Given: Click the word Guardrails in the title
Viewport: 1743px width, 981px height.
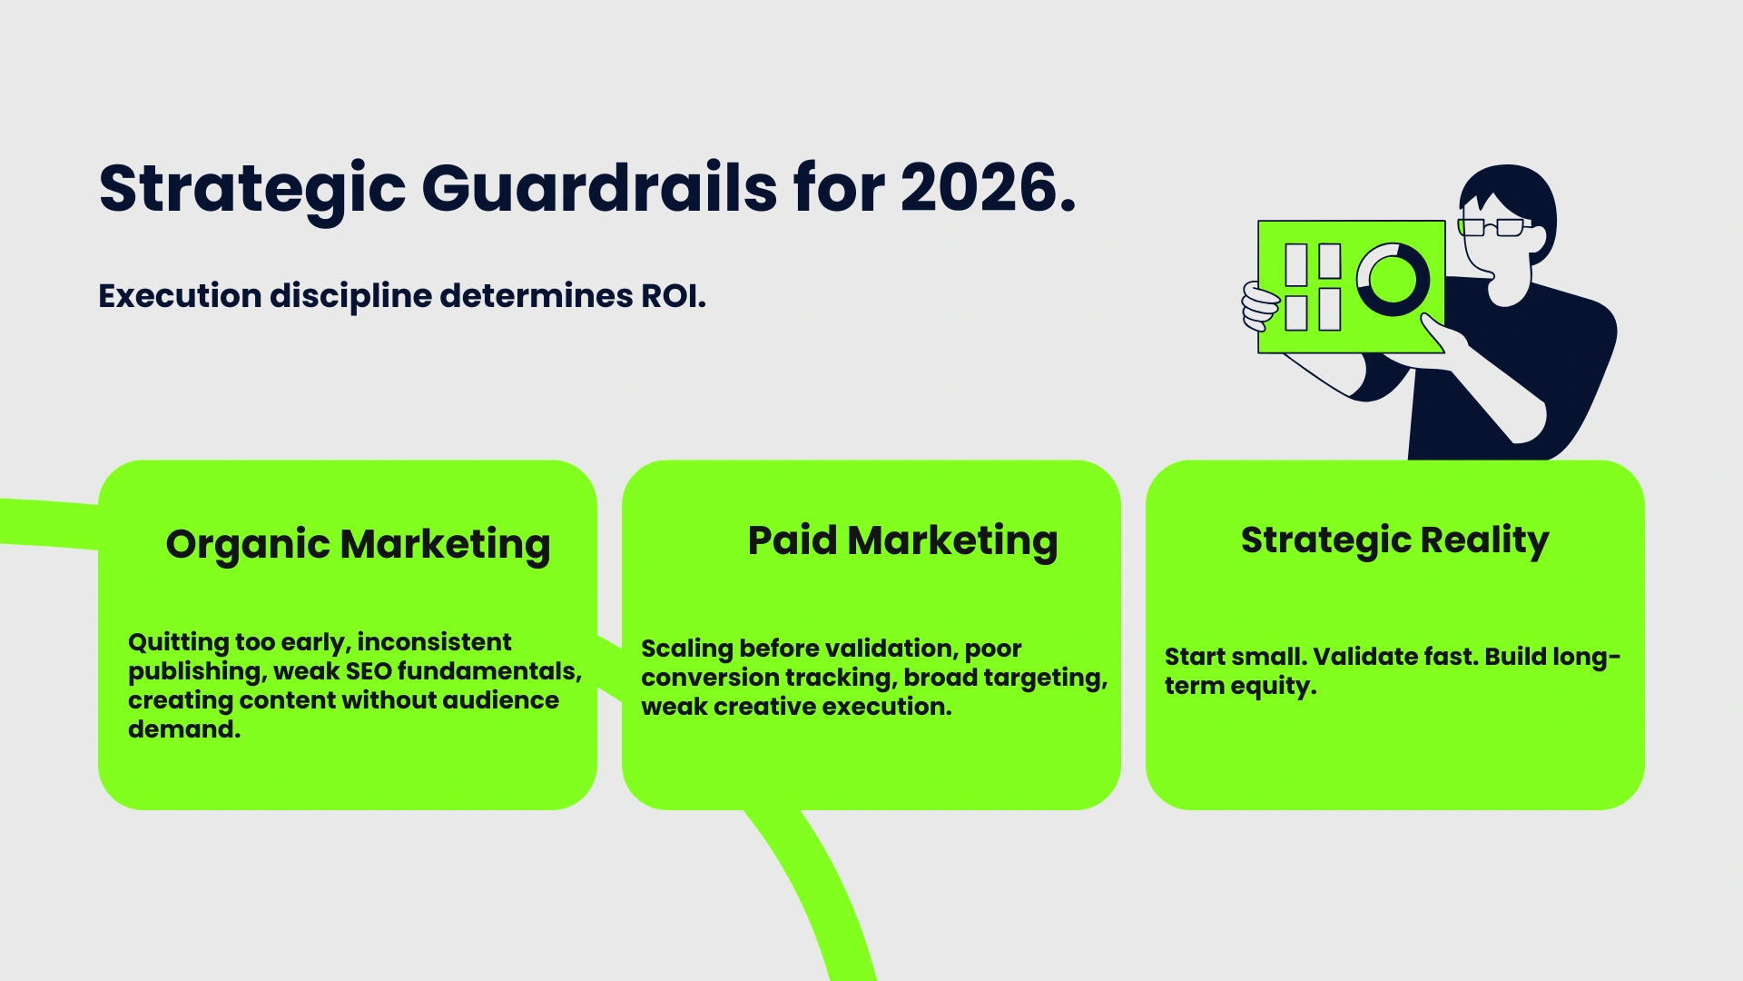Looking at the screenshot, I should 599,188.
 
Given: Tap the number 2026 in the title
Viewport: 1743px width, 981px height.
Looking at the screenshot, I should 979,188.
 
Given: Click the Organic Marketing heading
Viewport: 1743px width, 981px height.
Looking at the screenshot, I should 358,544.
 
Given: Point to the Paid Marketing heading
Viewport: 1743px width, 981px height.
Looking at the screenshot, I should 902,540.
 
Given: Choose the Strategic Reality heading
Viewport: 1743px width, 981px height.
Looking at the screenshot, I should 1394,540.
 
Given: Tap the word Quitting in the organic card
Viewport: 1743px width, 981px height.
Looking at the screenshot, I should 178,642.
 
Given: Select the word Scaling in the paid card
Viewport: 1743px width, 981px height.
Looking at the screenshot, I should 686,649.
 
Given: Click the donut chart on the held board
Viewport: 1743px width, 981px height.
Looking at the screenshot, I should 1392,279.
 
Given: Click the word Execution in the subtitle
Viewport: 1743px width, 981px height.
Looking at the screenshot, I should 180,296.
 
